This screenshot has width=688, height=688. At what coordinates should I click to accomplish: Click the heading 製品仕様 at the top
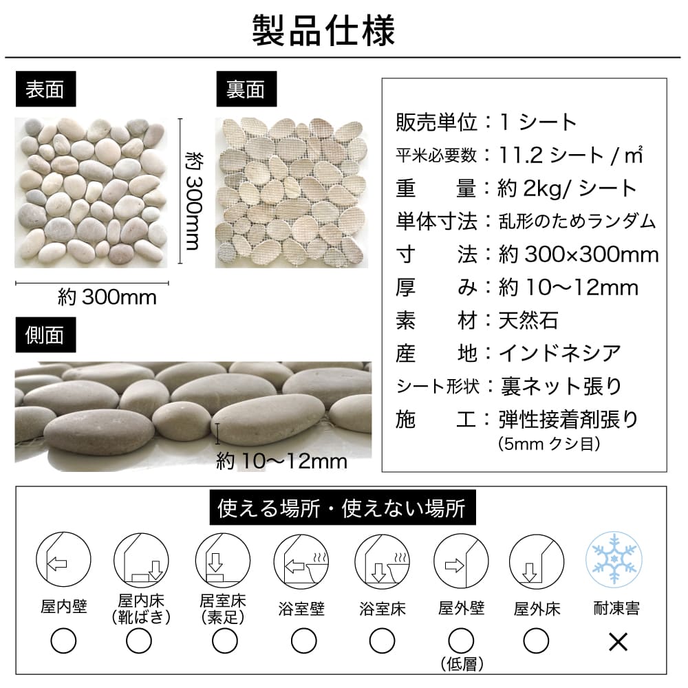click(323, 30)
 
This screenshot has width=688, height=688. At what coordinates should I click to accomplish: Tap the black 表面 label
click(45, 90)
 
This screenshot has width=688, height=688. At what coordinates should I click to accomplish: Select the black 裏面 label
click(246, 90)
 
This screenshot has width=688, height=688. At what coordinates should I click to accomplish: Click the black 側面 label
click(45, 335)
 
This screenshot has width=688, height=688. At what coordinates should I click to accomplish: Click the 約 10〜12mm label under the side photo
click(281, 460)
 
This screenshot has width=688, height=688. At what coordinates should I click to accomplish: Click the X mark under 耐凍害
click(619, 642)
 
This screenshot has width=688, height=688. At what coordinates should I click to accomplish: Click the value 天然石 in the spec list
click(528, 321)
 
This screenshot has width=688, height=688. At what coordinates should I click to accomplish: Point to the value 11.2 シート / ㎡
click(570, 155)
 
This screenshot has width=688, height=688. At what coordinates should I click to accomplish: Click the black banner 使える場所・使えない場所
click(341, 509)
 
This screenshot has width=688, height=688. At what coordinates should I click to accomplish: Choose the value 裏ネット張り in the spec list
click(561, 387)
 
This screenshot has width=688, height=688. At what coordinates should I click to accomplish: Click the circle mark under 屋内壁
click(63, 642)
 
